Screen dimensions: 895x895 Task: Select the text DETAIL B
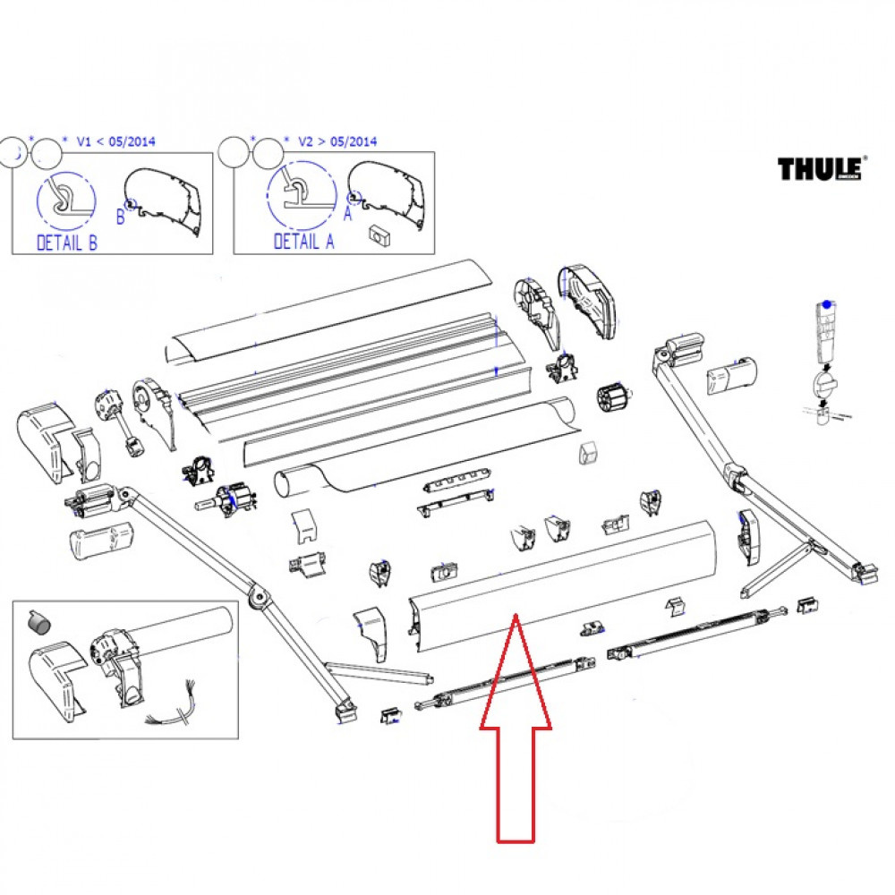click(66, 242)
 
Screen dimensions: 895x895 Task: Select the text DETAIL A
click(303, 242)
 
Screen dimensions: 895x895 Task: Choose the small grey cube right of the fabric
click(588, 453)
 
